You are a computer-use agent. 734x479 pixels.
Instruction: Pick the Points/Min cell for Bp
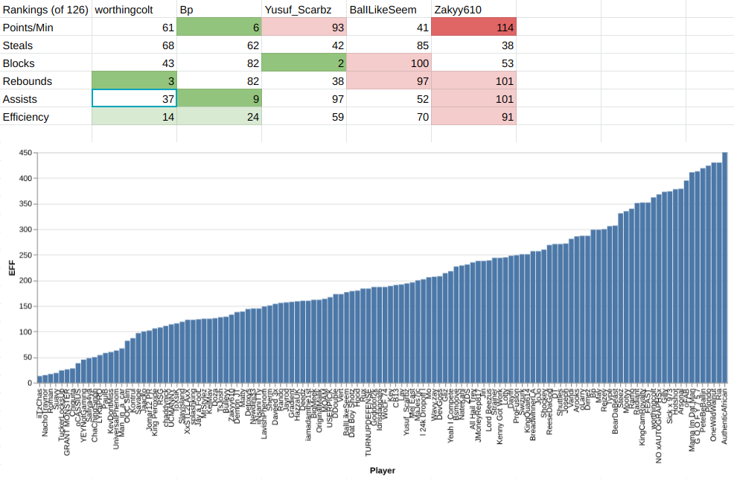tap(219, 28)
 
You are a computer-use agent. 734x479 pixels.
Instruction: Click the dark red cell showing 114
tap(473, 28)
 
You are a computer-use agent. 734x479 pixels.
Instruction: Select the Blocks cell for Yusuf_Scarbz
tap(304, 63)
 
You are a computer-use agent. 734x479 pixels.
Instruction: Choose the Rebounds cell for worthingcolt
tap(134, 81)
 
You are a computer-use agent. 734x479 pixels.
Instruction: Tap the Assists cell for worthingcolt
tap(134, 99)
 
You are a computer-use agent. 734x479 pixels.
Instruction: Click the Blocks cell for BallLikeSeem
tap(389, 63)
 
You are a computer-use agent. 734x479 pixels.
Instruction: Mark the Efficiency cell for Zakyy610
tap(473, 117)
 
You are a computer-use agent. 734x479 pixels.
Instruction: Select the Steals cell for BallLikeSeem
tap(389, 45)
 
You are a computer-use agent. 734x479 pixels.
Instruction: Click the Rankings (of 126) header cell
tap(45, 9)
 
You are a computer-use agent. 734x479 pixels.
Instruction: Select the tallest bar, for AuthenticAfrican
tap(724, 267)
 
